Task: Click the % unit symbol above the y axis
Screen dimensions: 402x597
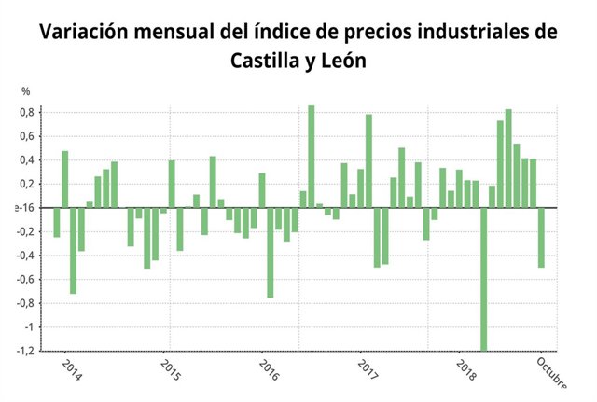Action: [26, 91]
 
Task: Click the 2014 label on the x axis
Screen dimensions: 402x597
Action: [71, 370]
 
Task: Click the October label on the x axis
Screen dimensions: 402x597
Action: [551, 370]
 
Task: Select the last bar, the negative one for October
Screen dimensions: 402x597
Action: [541, 237]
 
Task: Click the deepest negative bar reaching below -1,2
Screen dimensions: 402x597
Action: [483, 279]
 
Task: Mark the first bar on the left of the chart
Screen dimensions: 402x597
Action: [57, 222]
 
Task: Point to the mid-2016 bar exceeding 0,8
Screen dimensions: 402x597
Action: [312, 156]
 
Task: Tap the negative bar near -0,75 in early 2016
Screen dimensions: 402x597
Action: [271, 252]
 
